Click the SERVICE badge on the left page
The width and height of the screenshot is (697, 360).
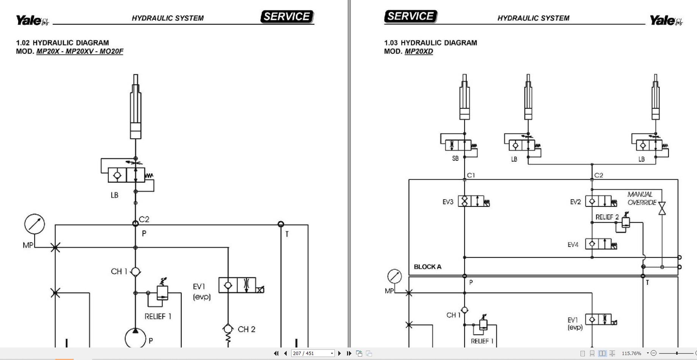click(287, 17)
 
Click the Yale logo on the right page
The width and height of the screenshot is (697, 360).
click(666, 20)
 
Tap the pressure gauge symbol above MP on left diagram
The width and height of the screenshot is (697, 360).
click(35, 224)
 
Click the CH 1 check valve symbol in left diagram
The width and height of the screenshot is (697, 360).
click(135, 272)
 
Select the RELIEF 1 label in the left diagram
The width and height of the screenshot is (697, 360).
click(158, 316)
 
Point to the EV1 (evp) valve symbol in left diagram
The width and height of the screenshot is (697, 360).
click(237, 285)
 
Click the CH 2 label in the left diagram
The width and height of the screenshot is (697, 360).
click(246, 329)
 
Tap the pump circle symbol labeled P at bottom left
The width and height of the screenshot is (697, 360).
click(135, 338)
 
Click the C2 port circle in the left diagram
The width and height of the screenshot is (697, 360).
click(135, 223)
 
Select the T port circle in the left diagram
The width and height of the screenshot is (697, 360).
click(281, 224)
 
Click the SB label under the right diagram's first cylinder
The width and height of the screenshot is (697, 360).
click(455, 159)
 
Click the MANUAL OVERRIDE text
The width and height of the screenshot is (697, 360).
click(642, 198)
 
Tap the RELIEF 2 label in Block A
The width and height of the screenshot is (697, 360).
click(607, 217)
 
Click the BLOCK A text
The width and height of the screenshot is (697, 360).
click(427, 267)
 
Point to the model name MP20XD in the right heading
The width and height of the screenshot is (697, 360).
click(419, 52)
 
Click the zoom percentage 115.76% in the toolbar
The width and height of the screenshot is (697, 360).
click(631, 353)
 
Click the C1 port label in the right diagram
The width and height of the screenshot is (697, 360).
click(471, 175)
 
